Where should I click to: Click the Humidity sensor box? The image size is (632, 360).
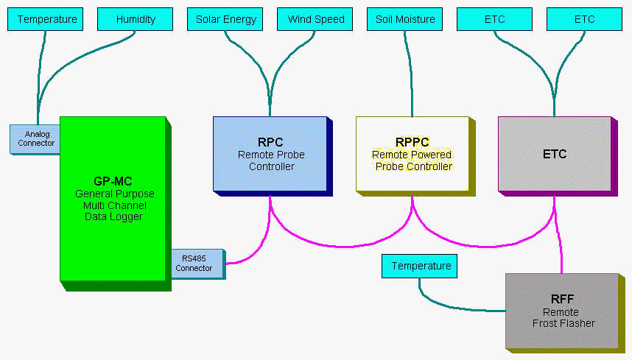point(135,19)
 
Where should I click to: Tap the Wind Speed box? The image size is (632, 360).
point(315,19)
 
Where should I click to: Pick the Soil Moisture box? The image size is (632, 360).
point(404,19)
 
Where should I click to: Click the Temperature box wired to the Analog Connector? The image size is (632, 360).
point(46,19)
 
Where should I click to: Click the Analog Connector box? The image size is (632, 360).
point(35,138)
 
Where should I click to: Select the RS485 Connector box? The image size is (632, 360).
point(193,264)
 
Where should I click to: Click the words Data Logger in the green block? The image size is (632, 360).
point(114,216)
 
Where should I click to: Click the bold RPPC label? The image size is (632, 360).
point(412,142)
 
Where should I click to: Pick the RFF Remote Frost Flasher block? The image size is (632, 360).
point(561,310)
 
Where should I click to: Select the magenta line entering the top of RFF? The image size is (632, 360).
point(562,258)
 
